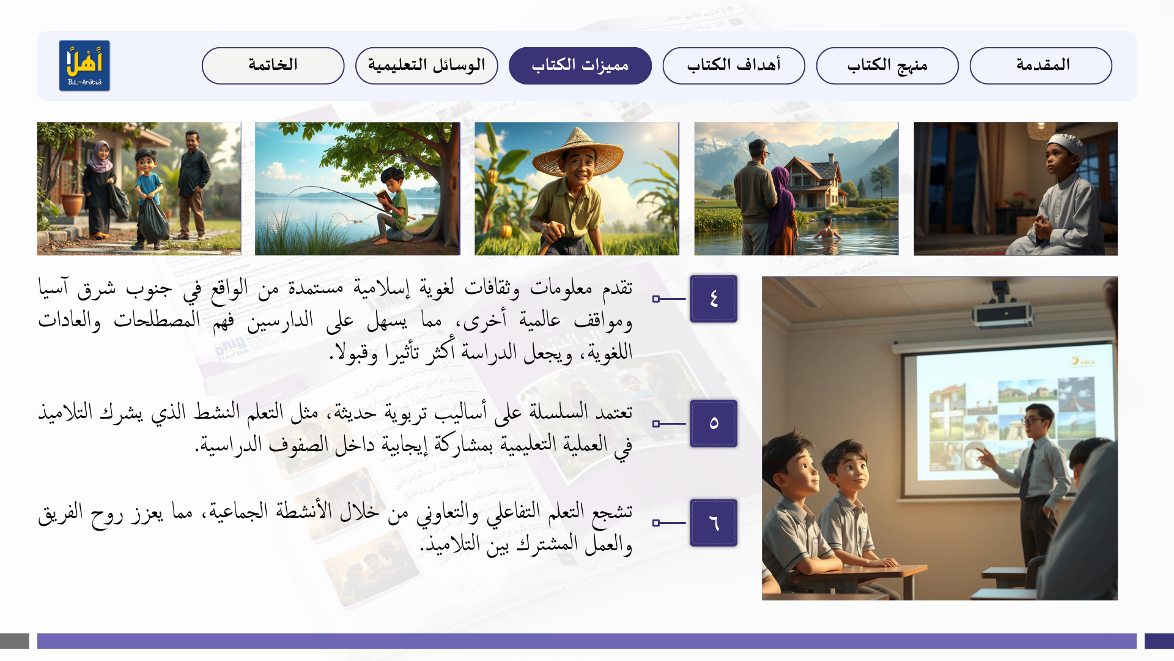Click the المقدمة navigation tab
pos(1041,65)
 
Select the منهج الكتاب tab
pos(887,65)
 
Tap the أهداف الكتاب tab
pos(734,65)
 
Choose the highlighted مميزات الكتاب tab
pos(580,65)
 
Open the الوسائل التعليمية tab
pos(427,65)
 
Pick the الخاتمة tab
pos(273,65)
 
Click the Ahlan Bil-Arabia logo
pos(84,65)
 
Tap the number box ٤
pos(714,299)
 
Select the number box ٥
pos(714,424)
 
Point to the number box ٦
pos(714,523)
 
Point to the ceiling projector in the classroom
pos(1003,309)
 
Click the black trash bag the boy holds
pos(152,219)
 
